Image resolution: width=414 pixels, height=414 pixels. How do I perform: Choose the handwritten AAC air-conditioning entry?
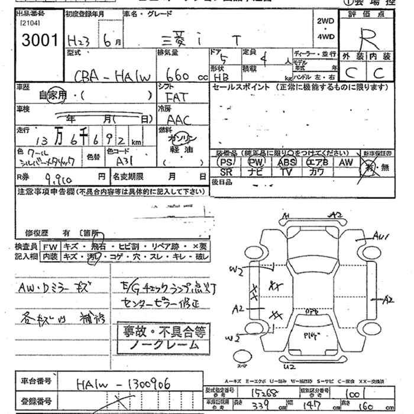pos(179,119)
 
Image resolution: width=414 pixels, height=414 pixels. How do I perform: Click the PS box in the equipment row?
pos(225,162)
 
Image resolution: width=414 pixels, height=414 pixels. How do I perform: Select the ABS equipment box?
pos(287,162)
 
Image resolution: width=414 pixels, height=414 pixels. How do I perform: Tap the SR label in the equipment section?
pos(225,172)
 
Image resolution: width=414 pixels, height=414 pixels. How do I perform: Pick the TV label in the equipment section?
pos(287,172)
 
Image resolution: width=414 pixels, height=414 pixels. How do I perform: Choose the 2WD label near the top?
pos(325,21)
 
